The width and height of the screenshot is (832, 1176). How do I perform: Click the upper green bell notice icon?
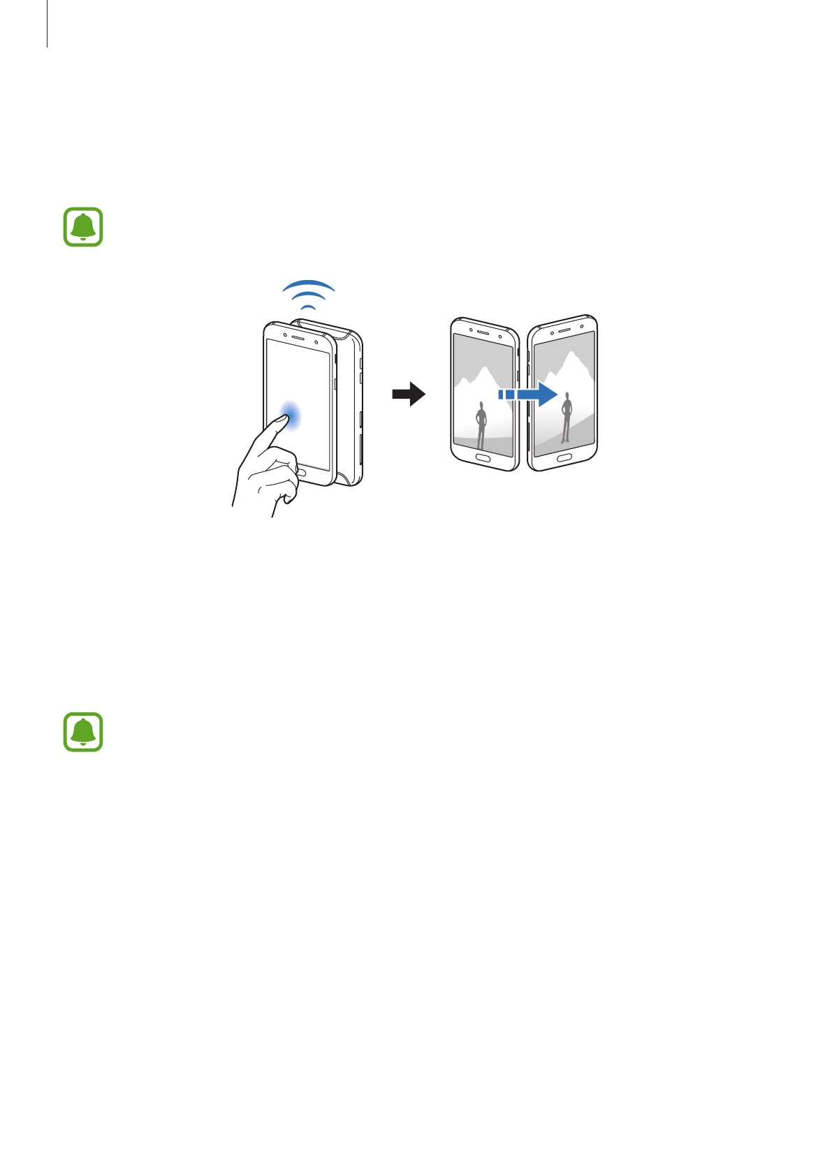coord(83,227)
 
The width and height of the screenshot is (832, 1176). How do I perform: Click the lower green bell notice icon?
coord(83,732)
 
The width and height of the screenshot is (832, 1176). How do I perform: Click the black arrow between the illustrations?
coord(409,394)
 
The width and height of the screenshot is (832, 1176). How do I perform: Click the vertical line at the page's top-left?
coord(48,24)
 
